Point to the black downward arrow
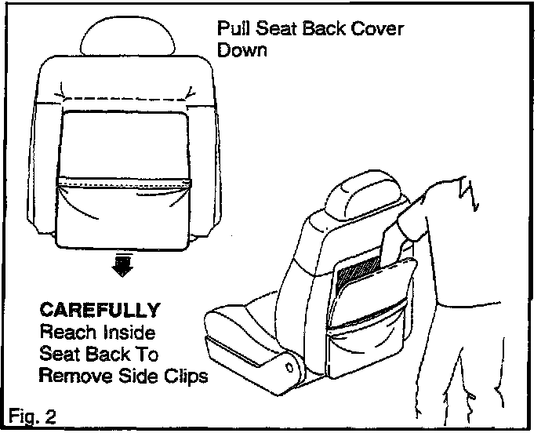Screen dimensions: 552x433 click(x=122, y=266)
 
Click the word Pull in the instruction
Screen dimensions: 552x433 click(x=233, y=30)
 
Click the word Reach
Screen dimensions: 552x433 click(x=62, y=331)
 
